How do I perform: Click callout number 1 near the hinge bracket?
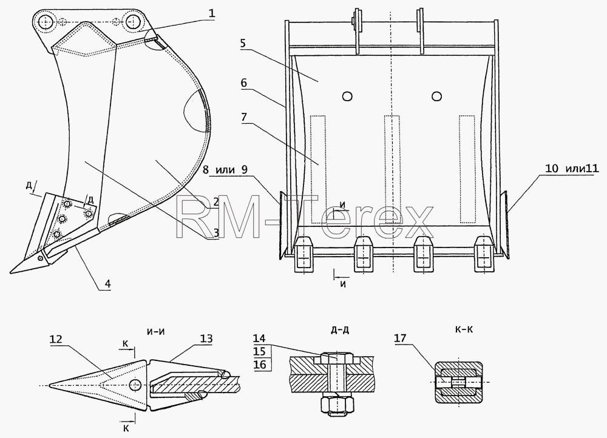click(x=211, y=14)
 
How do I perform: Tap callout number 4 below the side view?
click(x=107, y=284)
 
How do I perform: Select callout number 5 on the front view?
click(x=243, y=43)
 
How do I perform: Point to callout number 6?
click(x=243, y=83)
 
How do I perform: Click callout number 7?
click(x=243, y=117)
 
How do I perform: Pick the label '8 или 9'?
click(x=229, y=169)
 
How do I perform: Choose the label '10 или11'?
click(x=572, y=168)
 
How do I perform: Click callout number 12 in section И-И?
click(x=56, y=339)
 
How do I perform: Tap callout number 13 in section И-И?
click(x=206, y=339)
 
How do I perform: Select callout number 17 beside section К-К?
click(x=400, y=339)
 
